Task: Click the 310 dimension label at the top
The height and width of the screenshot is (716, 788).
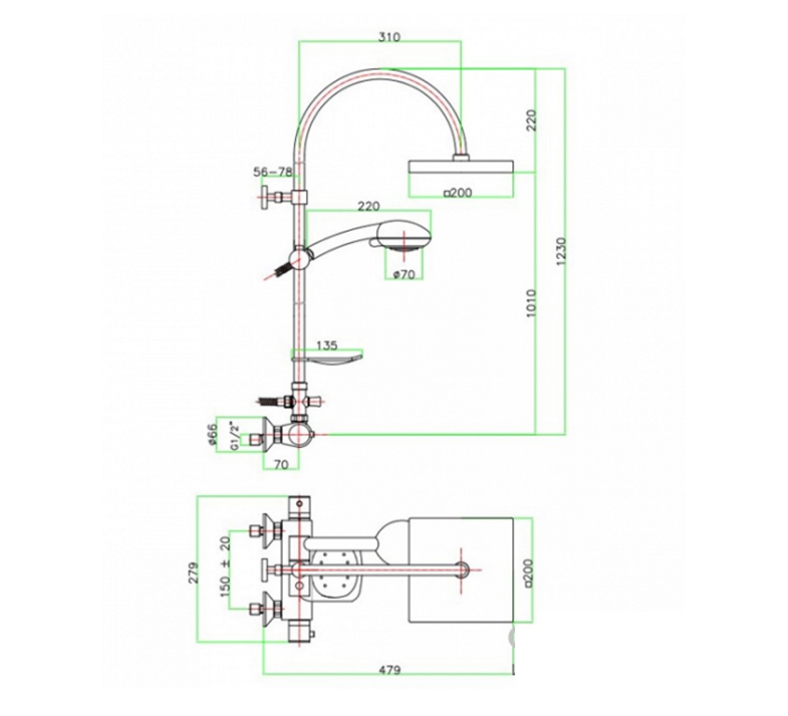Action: [x=389, y=37]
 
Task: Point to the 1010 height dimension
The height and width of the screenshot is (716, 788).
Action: [x=531, y=303]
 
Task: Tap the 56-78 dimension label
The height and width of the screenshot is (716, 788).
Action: [x=272, y=173]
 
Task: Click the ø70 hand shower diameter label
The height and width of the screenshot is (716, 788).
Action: [x=404, y=274]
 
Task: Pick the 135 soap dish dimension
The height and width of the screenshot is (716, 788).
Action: [x=327, y=346]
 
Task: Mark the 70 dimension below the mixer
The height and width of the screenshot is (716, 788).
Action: [x=282, y=465]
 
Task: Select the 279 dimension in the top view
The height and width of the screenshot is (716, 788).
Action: [x=193, y=572]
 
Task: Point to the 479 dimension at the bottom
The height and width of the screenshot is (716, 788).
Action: [x=390, y=669]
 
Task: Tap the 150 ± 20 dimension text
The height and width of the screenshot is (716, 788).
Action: [x=225, y=567]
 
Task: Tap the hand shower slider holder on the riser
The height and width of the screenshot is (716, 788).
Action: [x=301, y=259]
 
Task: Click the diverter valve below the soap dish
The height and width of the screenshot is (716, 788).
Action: [x=301, y=401]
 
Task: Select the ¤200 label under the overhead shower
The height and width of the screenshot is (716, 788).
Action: [x=458, y=193]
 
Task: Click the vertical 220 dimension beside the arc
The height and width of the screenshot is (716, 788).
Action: [x=532, y=120]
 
